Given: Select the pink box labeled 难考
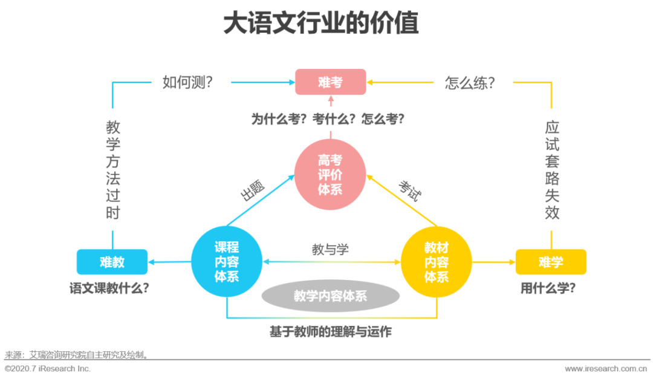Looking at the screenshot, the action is coord(331,82).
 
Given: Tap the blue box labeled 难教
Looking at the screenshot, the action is coord(112,262).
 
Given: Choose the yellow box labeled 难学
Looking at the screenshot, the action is coord(551,262).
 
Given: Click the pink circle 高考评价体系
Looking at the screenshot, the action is coord(330,174).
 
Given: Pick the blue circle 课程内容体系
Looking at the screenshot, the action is coord(227,261).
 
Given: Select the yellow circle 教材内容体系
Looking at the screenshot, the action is coord(437,262).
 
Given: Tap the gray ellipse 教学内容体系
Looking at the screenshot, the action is coord(331,296).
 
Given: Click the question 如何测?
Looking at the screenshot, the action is coord(188,82).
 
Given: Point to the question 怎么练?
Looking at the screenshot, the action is coord(470,82).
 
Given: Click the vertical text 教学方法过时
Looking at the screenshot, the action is coord(113,170).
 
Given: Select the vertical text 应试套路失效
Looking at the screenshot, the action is coord(552,170).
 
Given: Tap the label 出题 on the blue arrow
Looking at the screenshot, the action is coord(253,190).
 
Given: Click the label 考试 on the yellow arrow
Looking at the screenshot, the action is coord(410,190).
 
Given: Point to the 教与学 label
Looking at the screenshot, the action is coord(330,249).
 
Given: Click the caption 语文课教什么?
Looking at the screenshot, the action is coord(109,288).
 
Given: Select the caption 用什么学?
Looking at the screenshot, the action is coord(548,288).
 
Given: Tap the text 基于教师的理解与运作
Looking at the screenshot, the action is coord(331,332).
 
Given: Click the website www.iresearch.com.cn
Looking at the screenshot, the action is coord(606,368).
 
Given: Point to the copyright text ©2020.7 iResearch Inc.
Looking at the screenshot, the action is coord(48,368).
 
